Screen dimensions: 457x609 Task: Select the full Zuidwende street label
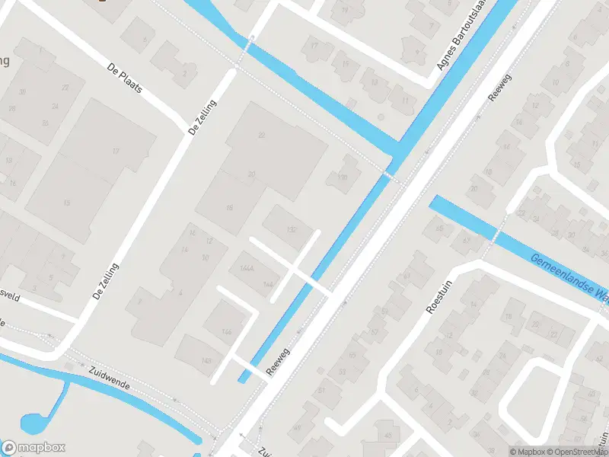[x=109, y=376]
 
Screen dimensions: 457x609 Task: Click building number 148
[x=207, y=361]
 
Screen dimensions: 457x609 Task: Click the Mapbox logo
[x=33, y=447]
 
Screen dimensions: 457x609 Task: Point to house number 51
[x=322, y=390]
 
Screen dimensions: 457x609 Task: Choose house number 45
[x=388, y=436]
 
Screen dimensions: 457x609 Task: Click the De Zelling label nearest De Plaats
[x=202, y=118]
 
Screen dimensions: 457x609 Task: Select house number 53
[x=341, y=372]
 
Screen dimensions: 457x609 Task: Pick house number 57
[x=374, y=332]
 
